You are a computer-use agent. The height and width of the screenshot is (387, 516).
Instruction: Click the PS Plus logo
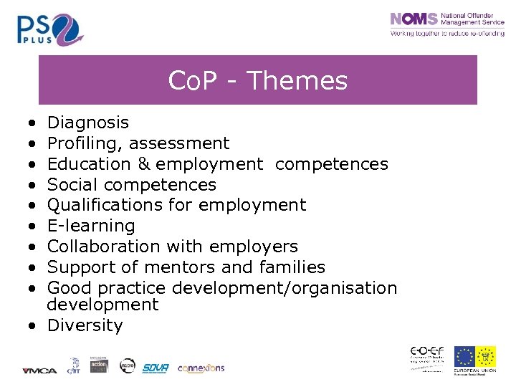tap(50, 28)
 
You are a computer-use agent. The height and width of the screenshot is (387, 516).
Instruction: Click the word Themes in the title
tap(296, 81)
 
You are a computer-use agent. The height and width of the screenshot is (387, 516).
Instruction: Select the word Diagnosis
tap(87, 123)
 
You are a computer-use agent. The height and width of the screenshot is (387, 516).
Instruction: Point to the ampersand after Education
tap(145, 164)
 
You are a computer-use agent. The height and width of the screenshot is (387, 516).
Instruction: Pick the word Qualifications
tap(99, 206)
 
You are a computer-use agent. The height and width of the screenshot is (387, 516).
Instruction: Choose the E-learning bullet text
tap(91, 226)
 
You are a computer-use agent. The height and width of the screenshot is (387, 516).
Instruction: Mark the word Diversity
tap(85, 326)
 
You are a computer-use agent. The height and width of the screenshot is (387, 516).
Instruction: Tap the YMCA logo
tap(34, 371)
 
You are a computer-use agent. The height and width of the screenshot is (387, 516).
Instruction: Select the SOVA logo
tap(155, 368)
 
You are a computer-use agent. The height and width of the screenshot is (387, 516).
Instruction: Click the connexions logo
tap(201, 368)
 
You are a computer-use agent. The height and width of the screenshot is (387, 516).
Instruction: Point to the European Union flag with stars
tap(464, 356)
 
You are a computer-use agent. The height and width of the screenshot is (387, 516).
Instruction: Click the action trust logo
tap(99, 365)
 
